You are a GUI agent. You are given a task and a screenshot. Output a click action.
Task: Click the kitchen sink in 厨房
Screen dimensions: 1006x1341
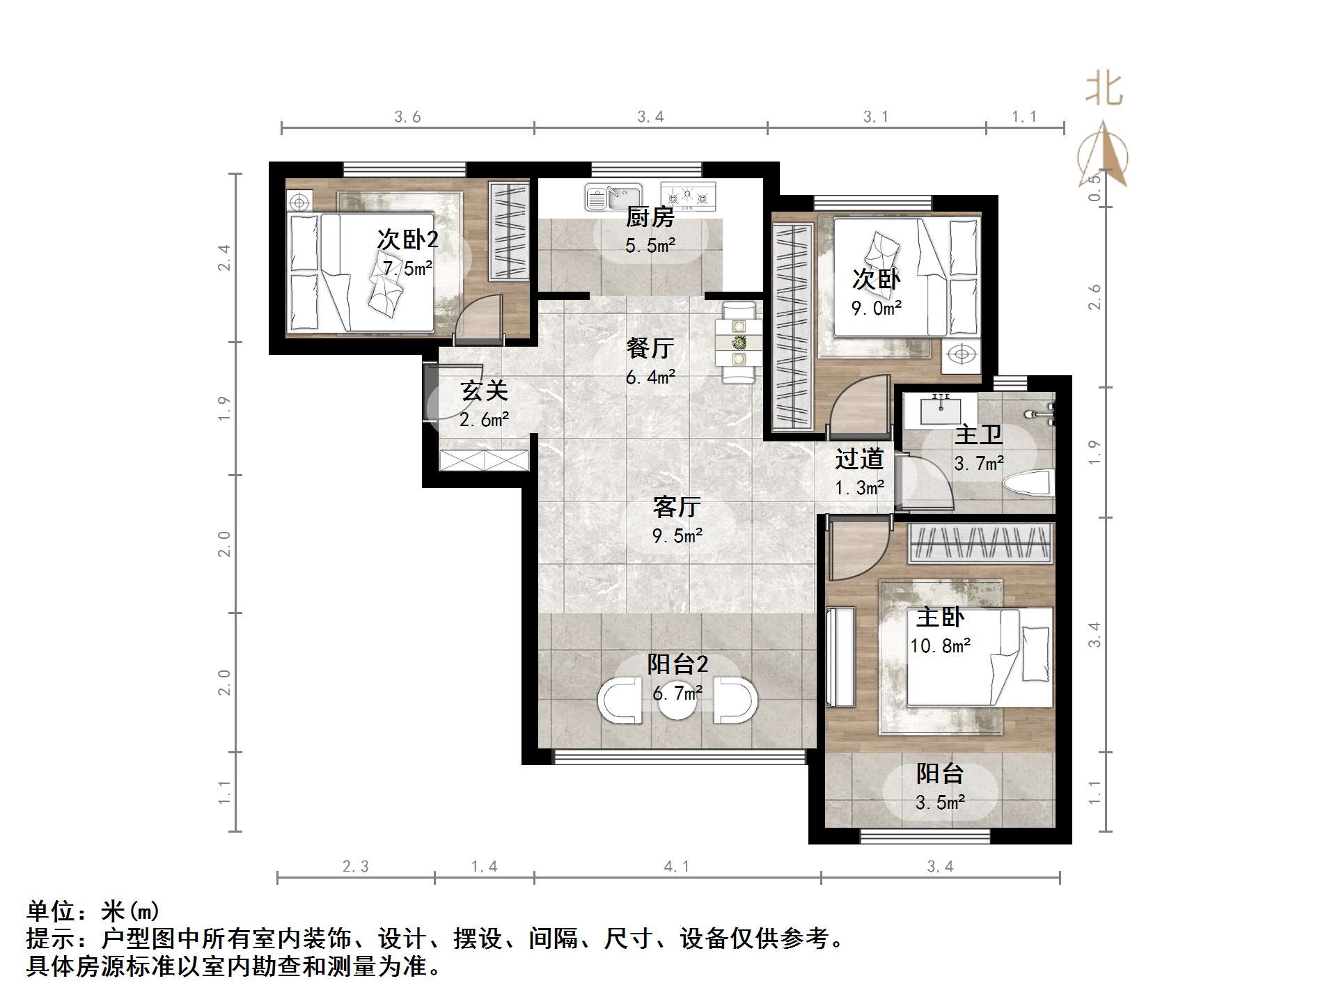612,196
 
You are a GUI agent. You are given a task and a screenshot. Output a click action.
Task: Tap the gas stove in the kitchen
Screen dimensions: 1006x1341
688,196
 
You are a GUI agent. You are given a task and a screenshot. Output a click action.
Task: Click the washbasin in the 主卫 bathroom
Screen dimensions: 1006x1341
941,409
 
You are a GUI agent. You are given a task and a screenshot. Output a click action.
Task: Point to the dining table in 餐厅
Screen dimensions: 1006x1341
739,342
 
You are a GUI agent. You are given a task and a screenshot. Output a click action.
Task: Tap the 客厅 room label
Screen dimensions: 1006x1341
677,507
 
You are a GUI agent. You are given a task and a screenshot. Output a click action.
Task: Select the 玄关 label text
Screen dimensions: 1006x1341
484,391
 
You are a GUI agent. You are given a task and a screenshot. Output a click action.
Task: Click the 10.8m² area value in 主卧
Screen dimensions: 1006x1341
940,646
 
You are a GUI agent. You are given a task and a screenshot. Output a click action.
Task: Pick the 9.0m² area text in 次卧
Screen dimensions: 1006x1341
877,308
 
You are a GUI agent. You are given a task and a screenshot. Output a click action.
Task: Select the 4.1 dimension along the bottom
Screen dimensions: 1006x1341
676,867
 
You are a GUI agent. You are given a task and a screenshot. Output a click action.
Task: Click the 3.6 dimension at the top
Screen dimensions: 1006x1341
407,117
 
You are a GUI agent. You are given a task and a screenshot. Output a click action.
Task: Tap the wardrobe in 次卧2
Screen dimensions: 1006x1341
508,231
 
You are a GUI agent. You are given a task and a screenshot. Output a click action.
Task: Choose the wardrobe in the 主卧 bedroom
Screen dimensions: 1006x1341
980,544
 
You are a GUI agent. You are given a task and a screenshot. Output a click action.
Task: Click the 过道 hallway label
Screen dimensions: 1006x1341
859,459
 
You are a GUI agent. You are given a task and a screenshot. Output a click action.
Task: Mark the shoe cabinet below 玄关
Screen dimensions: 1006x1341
484,460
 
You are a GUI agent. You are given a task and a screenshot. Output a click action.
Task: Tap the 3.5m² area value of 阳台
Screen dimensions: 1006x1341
940,803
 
